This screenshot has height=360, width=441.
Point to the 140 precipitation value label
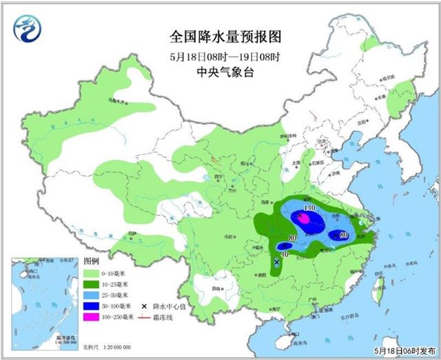tap(309, 208)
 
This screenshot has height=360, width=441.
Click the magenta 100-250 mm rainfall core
tap(303, 219)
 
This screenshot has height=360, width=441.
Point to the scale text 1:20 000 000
tap(119, 345)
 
